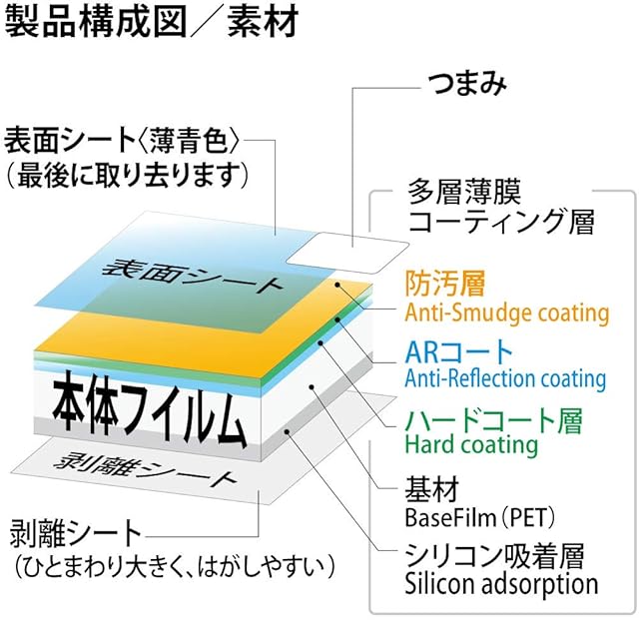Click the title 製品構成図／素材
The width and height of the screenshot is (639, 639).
(x=151, y=21)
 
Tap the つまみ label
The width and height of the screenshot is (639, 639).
(x=467, y=84)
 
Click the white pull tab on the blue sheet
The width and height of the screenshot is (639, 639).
(x=347, y=253)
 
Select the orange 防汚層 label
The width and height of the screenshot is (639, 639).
(x=445, y=284)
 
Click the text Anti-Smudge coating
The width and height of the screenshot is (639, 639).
(x=506, y=313)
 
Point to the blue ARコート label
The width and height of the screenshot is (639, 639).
(x=458, y=352)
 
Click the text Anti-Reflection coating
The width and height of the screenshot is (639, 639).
(x=505, y=378)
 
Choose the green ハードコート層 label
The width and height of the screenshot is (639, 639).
(x=493, y=421)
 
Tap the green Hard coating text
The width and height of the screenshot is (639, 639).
(x=471, y=444)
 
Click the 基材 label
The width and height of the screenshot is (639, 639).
(x=432, y=489)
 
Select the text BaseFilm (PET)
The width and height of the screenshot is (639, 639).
(x=480, y=517)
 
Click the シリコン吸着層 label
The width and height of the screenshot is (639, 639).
(x=494, y=556)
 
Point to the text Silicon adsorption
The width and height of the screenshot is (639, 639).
(x=501, y=584)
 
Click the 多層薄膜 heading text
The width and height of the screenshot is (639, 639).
(x=464, y=192)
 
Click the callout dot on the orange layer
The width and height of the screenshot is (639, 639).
(x=337, y=284)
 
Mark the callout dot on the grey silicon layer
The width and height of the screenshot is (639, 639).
(x=287, y=431)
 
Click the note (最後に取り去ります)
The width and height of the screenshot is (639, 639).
(x=127, y=176)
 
